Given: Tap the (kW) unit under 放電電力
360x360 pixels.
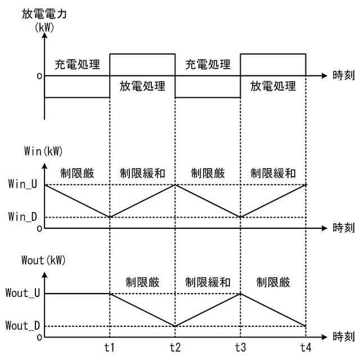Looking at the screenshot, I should [44, 27].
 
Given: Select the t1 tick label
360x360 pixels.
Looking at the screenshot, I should [110, 347].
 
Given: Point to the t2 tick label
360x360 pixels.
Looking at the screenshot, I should [175, 347].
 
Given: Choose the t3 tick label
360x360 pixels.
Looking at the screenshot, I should [241, 347].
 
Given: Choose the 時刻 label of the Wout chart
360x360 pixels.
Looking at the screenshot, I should [343, 337].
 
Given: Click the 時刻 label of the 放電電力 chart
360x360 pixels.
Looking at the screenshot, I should [343, 75].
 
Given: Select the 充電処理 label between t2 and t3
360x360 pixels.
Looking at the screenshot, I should [208, 64].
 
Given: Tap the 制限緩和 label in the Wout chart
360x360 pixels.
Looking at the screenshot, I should [208, 282].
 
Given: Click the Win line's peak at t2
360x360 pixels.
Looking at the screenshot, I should [175, 184].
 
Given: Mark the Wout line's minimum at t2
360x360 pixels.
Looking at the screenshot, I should [175, 326].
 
